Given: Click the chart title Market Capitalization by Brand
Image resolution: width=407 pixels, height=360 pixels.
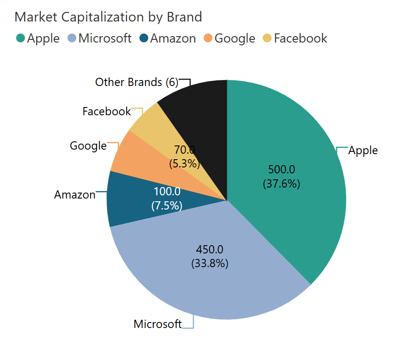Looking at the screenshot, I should coord(108,17).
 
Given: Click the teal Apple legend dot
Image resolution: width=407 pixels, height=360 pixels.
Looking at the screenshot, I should coord(20,38).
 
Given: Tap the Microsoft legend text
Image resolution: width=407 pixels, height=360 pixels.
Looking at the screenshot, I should coord(105,38).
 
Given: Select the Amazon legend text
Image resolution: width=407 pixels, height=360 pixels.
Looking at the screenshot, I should coord(173,38).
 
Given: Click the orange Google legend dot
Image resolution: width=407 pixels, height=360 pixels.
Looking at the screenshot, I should coord(208,38).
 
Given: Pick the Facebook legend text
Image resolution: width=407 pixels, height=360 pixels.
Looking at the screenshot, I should coord(300,38).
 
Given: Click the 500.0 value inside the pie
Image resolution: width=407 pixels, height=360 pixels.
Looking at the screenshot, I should coord(281,170).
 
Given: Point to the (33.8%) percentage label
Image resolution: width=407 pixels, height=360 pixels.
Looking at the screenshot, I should coord(209,263).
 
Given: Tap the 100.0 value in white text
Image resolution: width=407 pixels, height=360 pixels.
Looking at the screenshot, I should coord(166,192).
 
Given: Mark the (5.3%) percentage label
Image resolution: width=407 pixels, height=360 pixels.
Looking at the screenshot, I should coord(184,163).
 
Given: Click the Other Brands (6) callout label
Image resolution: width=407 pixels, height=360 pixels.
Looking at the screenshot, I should coord(136,82).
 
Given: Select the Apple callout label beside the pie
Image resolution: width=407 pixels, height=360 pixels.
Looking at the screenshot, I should coord(363,150).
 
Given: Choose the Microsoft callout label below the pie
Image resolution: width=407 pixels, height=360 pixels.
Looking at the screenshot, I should coord(157,324).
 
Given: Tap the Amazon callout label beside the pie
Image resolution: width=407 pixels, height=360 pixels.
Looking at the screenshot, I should coord(75,195).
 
